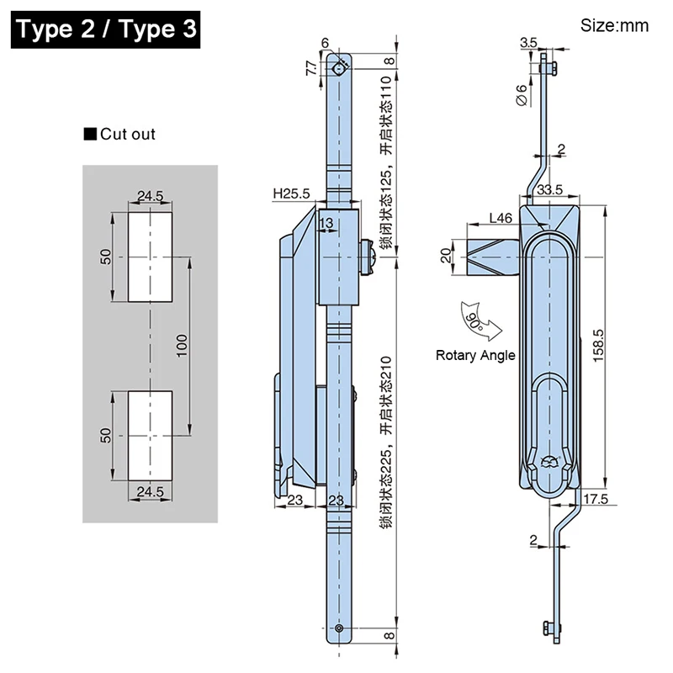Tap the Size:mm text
614,26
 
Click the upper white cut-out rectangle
151,256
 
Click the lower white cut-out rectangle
151,434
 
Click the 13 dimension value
326,223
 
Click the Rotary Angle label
475,356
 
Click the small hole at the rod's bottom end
339,628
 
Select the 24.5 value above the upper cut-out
151,197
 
